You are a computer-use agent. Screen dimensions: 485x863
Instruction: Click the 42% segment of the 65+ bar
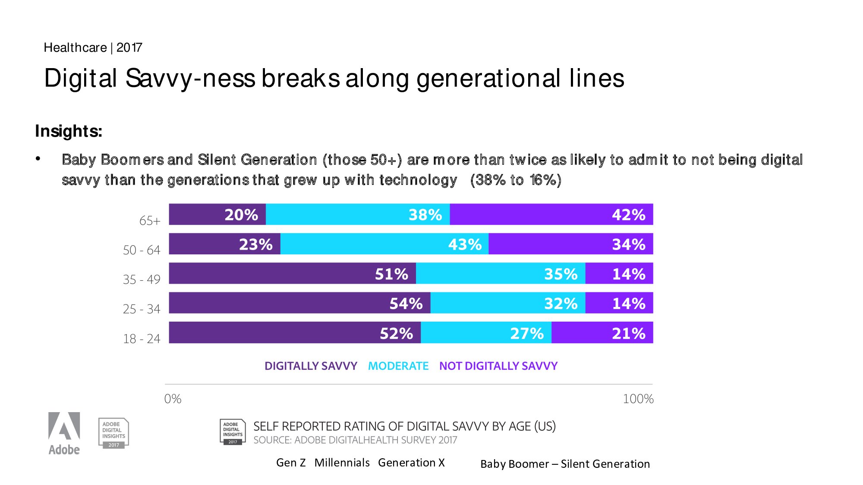551,214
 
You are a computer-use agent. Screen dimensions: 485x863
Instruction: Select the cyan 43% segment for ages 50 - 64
384,244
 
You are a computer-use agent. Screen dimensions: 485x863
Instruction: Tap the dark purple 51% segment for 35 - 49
292,273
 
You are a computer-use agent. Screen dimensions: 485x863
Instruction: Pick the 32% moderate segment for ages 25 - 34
507,303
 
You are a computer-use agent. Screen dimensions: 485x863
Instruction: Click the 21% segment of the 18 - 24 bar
602,332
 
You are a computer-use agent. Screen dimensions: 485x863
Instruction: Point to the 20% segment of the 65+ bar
217,214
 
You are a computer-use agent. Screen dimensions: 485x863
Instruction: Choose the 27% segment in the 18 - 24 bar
486,332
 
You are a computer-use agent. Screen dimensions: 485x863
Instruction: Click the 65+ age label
150,221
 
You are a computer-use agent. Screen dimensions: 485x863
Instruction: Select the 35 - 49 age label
142,280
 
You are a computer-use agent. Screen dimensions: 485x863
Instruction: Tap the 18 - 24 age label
142,339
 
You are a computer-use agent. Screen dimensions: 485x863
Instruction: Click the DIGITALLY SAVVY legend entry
311,366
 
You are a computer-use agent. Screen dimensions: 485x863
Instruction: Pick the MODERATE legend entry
398,366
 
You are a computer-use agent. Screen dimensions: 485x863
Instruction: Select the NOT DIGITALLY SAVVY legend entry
498,366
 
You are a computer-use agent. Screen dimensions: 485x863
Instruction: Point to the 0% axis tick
173,399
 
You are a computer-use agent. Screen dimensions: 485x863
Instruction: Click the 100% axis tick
638,399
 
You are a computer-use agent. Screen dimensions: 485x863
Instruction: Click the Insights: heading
69,131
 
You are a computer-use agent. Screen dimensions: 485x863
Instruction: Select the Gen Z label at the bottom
291,463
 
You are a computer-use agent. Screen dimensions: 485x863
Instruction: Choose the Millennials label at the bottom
342,463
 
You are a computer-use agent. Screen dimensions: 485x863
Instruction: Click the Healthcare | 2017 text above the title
93,47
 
